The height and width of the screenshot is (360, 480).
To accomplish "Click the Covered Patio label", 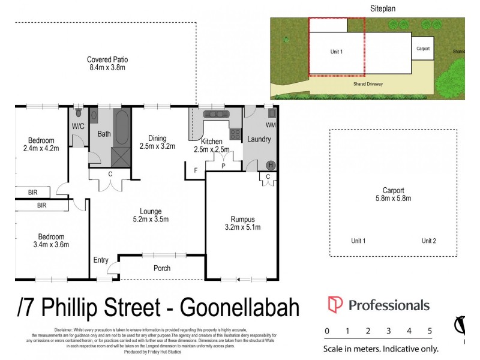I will tap(107, 64).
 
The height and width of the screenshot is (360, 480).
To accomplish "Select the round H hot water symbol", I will tap(270, 166).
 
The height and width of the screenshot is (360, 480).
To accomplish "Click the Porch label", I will tap(162, 268).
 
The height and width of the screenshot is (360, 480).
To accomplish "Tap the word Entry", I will tap(101, 260).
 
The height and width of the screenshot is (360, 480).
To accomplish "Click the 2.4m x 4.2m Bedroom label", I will tap(41, 144).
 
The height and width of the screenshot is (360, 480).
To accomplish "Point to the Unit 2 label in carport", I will tap(428, 241).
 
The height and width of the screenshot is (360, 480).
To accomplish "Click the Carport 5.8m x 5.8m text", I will tap(394, 194).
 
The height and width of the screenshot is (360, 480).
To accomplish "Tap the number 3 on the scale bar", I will tap(388, 331).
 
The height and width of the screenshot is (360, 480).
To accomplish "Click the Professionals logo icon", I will tap(335, 305).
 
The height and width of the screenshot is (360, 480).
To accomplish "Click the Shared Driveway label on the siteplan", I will tap(368, 84).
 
